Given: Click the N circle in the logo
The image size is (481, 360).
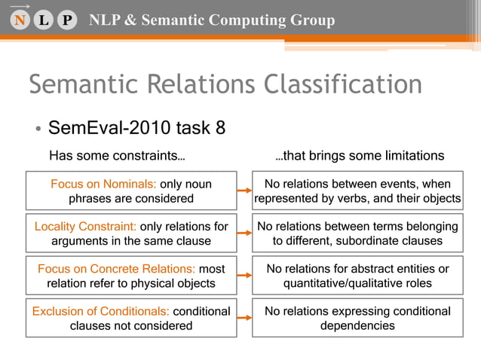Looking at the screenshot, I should (18, 20).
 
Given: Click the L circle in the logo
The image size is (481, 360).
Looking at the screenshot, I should (43, 20).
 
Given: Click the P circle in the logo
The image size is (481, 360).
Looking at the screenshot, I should (67, 20).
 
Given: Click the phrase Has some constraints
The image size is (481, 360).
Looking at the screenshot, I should (117, 156).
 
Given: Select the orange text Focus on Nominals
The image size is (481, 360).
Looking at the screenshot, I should (103, 184).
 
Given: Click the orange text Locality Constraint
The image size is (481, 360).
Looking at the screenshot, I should (85, 226).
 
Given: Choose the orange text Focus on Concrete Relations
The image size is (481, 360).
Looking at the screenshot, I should (116, 268).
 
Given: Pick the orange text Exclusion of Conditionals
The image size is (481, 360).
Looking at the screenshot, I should (101, 311).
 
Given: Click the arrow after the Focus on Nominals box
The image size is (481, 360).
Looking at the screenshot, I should (244, 191).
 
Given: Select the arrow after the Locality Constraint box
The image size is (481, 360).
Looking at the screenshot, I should (244, 233).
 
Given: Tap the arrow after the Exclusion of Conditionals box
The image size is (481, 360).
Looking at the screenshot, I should (244, 318).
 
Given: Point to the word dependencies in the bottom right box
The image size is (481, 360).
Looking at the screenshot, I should (357, 326).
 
